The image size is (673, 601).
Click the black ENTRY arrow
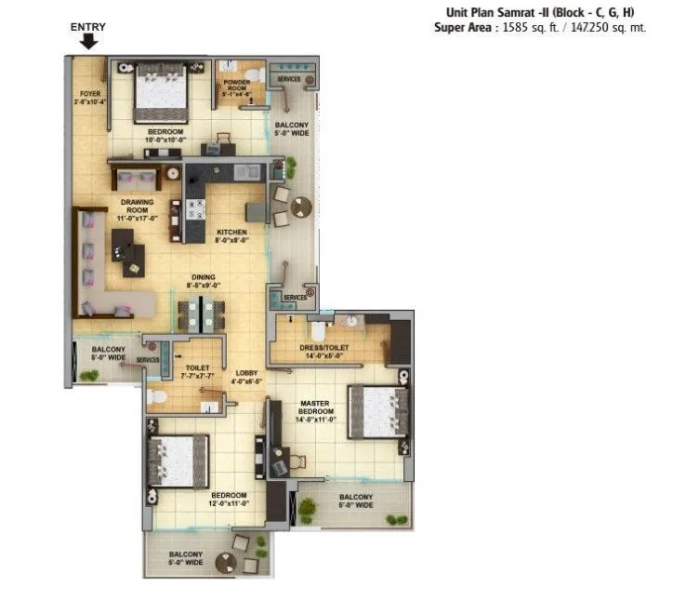click(x=89, y=41)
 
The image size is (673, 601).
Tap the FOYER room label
click(x=89, y=93)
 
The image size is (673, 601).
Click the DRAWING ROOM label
click(x=137, y=207)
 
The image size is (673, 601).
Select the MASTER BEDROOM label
click(x=316, y=410)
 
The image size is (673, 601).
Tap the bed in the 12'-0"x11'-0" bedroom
click(x=178, y=460)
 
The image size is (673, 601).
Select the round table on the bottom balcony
click(x=225, y=562)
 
